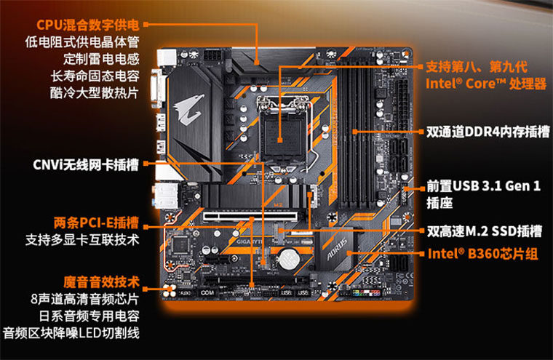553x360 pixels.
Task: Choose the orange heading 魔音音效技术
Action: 101,281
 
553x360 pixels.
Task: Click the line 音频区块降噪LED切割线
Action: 71,333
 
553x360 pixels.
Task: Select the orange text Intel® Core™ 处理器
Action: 485,84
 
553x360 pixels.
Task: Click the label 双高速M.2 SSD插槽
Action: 484,232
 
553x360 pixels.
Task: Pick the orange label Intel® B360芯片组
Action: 482,255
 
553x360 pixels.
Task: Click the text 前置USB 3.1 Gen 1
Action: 483,186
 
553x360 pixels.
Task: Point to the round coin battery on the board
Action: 292,256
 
